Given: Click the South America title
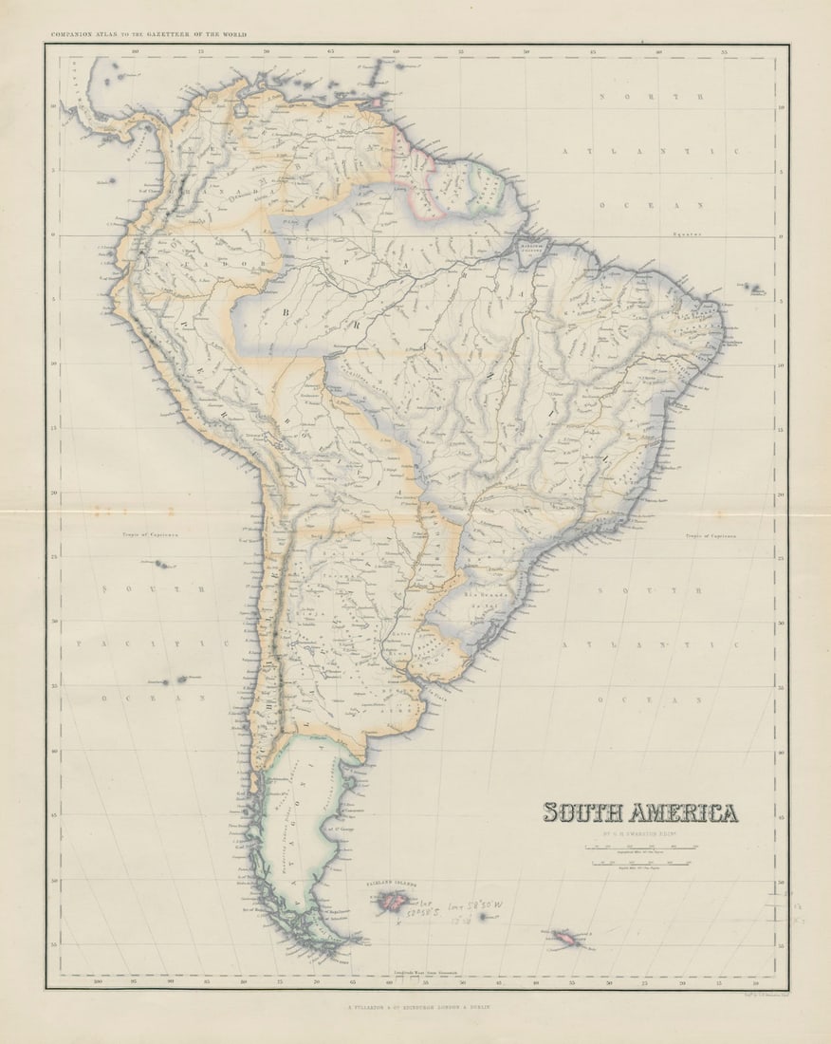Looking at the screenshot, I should click(640, 812).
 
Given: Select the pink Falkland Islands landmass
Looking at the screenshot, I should click(390, 901).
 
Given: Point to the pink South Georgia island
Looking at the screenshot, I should click(569, 939).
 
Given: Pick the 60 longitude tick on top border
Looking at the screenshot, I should click(396, 53).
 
